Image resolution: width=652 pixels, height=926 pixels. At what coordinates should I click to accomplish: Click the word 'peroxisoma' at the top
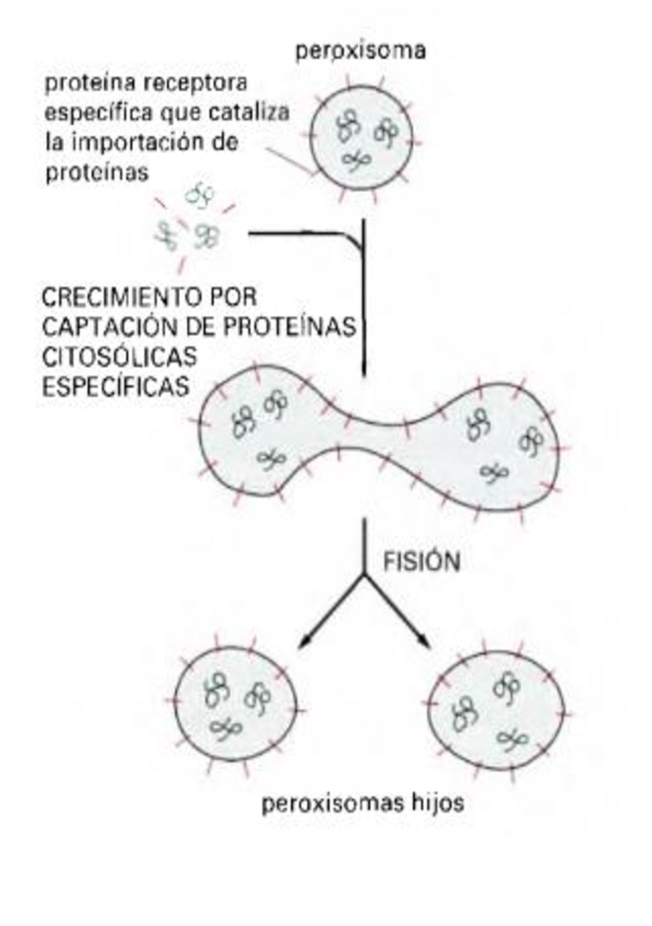coord(360,51)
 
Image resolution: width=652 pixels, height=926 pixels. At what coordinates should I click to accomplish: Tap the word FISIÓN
coord(421,562)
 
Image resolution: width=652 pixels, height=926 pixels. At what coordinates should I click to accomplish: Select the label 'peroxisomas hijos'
coord(363,804)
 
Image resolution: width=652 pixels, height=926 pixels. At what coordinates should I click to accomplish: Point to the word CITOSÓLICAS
coord(119,356)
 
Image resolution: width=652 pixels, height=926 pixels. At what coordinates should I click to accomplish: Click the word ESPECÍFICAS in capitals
coord(116,386)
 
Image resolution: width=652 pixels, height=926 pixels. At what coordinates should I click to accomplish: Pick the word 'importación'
coord(142,142)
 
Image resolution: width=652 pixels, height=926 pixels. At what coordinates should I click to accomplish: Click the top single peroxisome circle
coord(362,137)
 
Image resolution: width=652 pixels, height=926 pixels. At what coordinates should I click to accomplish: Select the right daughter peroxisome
coord(495,711)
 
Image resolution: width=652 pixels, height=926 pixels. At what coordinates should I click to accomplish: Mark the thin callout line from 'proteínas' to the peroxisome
coord(288,159)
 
